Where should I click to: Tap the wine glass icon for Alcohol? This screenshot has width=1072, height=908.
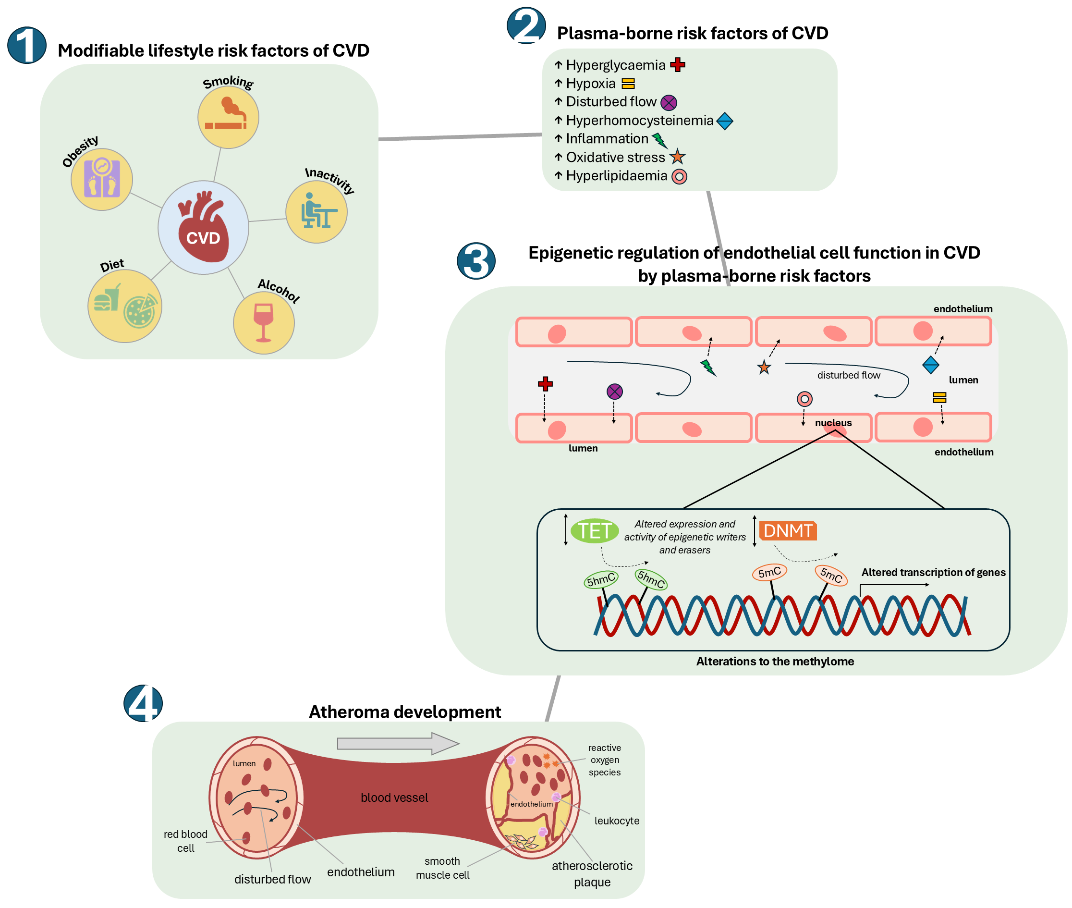263,322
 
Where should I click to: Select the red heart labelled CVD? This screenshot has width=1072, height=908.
203,227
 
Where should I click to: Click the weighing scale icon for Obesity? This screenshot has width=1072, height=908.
101,179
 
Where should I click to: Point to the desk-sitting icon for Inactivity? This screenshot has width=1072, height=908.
317,211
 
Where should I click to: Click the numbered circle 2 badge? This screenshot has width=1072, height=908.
525,26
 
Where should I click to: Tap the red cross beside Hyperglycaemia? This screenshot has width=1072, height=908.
677,65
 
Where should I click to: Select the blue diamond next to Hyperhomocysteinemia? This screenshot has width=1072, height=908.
724,121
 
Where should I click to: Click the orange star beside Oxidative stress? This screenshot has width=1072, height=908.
677,157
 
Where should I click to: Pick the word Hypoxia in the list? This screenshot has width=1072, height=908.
590,84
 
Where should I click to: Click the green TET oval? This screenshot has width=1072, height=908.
595,530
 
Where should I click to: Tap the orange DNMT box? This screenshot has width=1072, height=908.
787,530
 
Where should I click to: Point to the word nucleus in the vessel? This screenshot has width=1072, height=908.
833,423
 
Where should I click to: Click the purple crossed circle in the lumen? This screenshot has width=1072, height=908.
614,391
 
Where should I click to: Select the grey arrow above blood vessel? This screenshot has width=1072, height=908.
397,743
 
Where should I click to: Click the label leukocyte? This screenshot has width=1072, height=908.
617,821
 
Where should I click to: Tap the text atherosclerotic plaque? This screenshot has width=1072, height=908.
592,873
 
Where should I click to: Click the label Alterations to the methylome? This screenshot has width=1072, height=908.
775,661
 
